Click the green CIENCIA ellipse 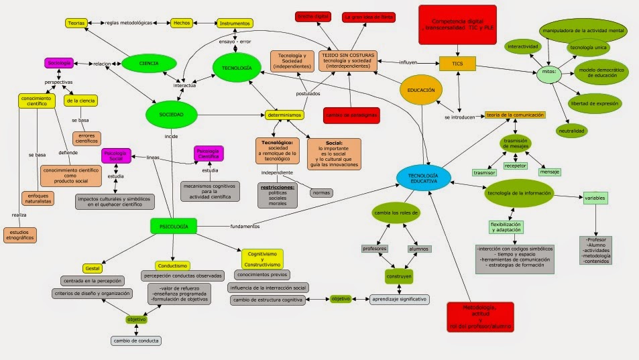(x=149, y=63)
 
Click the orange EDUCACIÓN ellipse (x=420, y=89)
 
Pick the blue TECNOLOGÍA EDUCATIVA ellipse (x=423, y=176)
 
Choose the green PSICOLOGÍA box (x=174, y=227)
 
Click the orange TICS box (x=458, y=64)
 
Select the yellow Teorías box (x=75, y=23)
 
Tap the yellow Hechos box (x=182, y=23)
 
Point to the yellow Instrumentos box (x=235, y=23)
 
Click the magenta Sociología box (x=59, y=63)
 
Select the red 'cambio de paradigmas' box (x=351, y=115)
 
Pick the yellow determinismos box (x=284, y=115)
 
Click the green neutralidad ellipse (x=571, y=130)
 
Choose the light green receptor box (x=515, y=165)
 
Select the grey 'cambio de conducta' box (x=136, y=340)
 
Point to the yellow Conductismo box (x=172, y=265)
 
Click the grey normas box (x=321, y=193)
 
